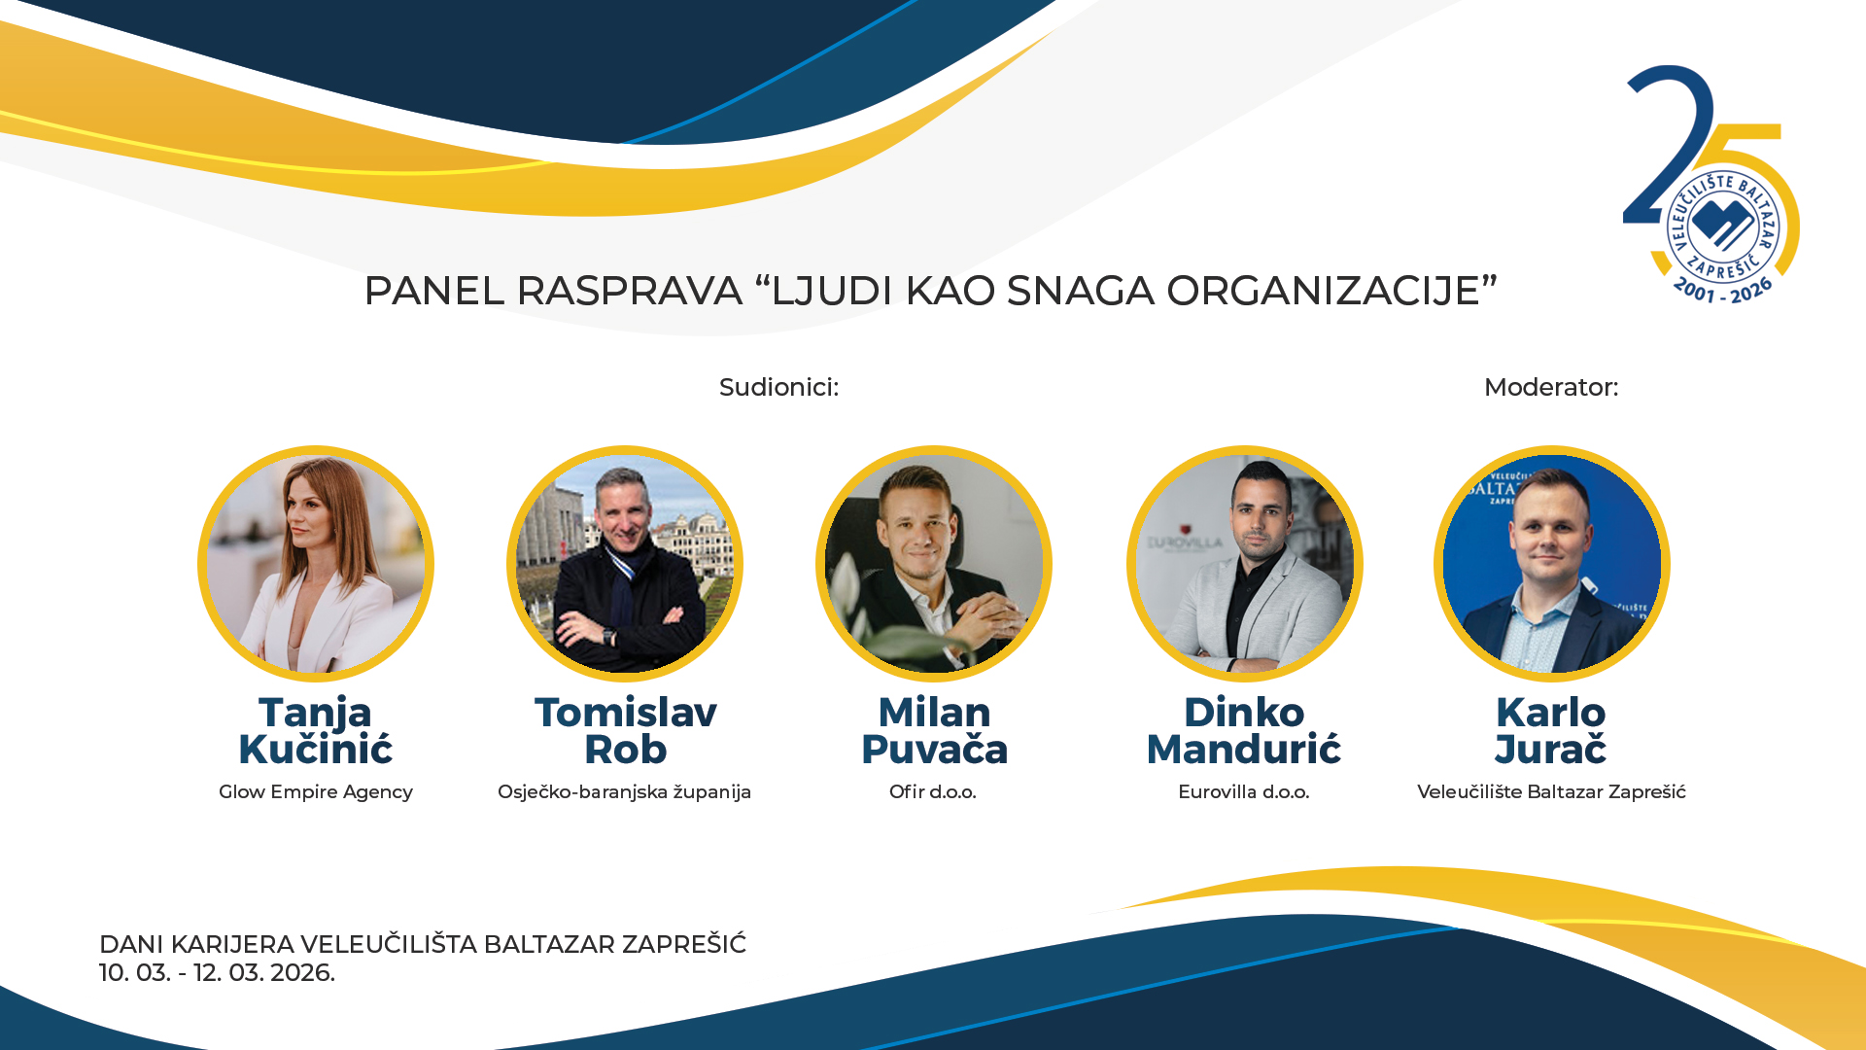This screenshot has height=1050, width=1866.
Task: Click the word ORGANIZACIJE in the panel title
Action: [x=1331, y=291]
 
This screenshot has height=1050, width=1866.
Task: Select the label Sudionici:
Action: [x=778, y=387]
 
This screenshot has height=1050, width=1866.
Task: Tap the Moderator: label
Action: [x=1551, y=387]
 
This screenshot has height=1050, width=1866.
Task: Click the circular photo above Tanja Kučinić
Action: [x=316, y=564]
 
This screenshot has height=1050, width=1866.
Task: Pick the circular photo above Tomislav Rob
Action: [x=625, y=564]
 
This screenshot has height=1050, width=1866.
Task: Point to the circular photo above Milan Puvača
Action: [x=934, y=564]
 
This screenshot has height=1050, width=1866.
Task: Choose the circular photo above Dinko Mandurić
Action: [x=1245, y=564]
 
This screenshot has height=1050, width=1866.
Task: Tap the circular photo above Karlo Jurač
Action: [x=1552, y=564]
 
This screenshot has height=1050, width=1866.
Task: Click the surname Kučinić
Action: [x=316, y=750]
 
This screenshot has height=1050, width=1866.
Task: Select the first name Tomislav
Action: [x=625, y=713]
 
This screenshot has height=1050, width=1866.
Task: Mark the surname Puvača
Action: [x=934, y=750]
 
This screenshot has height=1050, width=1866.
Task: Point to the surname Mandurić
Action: [x=1244, y=750]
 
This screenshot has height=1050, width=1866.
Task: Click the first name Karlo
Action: [x=1551, y=713]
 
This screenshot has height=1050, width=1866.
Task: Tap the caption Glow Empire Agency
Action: [x=316, y=792]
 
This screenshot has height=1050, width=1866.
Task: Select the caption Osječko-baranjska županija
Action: [x=624, y=792]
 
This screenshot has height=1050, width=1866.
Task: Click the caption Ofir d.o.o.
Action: [x=933, y=792]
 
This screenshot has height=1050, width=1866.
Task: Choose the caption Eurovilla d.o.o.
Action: [x=1244, y=792]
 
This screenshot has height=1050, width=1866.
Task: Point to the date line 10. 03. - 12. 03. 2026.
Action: [x=217, y=973]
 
